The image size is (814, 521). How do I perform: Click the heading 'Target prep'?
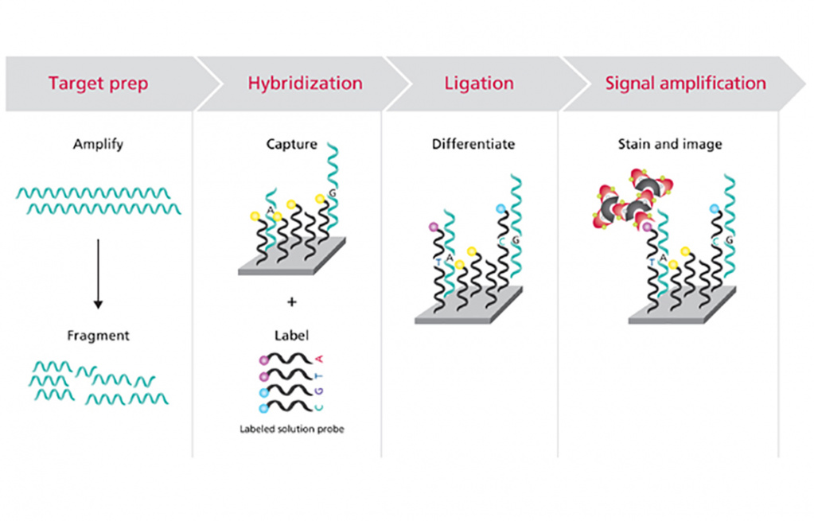[x=98, y=84]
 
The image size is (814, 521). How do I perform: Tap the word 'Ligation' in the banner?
[x=478, y=84]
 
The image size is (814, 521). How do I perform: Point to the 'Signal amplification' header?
[x=685, y=84]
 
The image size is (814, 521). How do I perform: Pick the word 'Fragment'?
[x=98, y=336]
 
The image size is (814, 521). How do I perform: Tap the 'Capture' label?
[x=292, y=145]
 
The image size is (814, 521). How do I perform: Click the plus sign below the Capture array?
[x=292, y=301]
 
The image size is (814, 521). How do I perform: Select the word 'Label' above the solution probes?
[x=291, y=336]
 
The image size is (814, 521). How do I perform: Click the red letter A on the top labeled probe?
[x=320, y=358]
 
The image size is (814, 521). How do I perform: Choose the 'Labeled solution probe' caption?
[x=292, y=429]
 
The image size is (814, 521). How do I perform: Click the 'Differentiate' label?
[x=473, y=145]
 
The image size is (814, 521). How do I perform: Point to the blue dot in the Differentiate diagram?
[x=500, y=208]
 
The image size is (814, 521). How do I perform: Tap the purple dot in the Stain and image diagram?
[x=648, y=227]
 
